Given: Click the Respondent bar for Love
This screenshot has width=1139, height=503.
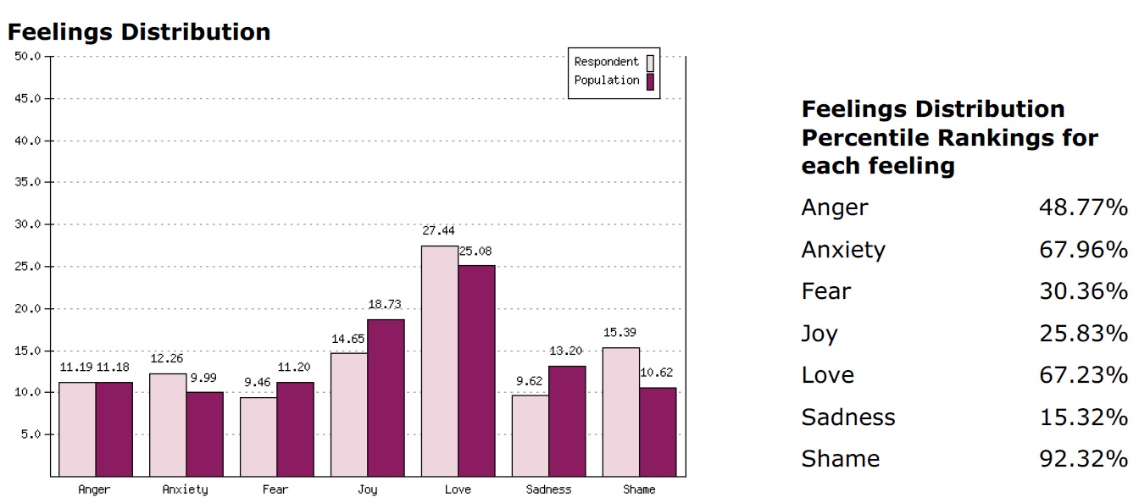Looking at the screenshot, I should pos(439,361).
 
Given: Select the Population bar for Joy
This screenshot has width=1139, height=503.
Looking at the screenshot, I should pos(386,397).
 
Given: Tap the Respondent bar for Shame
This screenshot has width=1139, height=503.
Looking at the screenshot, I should pos(621,412).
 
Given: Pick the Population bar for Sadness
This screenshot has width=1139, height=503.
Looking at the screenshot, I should pos(567,421).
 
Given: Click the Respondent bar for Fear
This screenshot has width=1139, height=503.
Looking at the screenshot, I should pos(258,436).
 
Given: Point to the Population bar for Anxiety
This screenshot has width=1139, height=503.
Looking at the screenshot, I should pos(203,434).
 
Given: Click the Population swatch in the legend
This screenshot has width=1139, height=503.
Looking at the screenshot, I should pos(651,81).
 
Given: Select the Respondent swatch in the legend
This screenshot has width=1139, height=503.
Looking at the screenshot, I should pos(651,63).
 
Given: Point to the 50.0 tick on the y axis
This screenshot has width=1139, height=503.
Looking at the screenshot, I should pos(27,57).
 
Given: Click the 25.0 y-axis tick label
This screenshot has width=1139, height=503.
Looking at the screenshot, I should pos(27,267).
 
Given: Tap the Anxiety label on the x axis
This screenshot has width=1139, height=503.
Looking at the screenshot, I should pos(185,489).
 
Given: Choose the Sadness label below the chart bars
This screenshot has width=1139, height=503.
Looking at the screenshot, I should pos(548,489).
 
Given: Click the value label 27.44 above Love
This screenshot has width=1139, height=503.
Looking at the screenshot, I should pos(439,230).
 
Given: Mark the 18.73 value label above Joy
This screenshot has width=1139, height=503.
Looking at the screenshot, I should pos(386,304).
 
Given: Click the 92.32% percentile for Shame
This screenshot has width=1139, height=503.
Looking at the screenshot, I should pos(1083,459).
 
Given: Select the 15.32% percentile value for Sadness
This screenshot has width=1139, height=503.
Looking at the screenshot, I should pos(1083,417).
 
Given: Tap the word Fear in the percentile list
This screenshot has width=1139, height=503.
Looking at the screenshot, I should pos(826,291).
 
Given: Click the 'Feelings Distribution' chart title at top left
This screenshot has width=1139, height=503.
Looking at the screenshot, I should pos(139,32).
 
